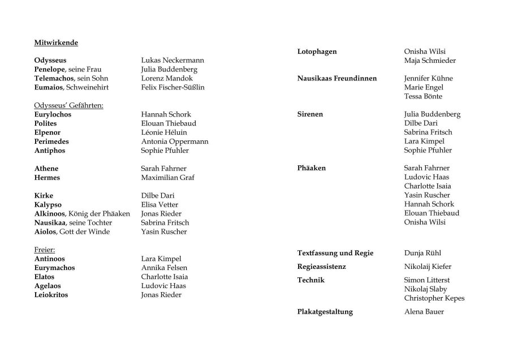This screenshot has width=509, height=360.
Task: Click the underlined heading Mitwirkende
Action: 56,42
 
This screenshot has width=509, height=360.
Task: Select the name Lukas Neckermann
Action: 172,60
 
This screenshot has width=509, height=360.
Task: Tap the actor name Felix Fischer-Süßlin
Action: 172,87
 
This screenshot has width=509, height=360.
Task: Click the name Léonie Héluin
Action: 163,132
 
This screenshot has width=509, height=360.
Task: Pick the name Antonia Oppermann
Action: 174,142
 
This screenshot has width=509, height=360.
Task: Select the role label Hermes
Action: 47,178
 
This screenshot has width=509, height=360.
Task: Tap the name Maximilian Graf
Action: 167,178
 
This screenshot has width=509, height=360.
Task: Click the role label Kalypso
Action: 48,204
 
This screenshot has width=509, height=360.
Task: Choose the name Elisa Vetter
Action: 159,204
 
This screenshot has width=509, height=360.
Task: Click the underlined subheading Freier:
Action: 44,250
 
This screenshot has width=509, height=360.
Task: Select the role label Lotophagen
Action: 317,52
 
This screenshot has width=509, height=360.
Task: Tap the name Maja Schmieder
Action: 430,61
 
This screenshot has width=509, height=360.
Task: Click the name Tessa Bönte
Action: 424,96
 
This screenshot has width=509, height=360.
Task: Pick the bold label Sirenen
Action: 310,114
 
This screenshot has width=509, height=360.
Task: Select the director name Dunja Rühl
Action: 424,253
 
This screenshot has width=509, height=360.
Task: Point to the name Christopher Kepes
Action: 434,298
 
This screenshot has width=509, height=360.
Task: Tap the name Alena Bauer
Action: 424,312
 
